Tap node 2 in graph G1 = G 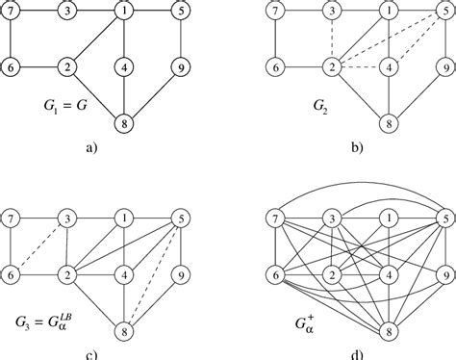[67, 67]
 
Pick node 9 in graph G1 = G [181, 67]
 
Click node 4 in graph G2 [389, 67]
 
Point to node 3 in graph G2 [331, 12]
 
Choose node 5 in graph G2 [444, 12]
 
